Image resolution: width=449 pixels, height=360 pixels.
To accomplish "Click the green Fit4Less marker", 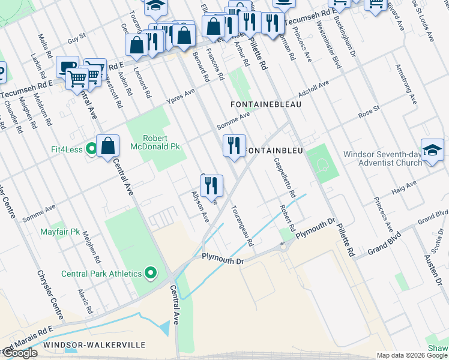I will click(91, 148).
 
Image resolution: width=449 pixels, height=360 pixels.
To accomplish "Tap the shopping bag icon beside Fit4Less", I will click(107, 146).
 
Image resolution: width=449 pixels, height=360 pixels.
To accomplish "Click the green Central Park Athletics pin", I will click(150, 274).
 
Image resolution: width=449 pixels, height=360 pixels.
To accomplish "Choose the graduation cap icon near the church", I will click(432, 149).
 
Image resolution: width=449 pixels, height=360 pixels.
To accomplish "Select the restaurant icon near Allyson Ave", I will click(211, 185).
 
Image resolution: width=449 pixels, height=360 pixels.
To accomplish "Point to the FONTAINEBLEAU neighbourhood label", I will click(266, 104).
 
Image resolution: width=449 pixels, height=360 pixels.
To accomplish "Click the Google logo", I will click(19, 353).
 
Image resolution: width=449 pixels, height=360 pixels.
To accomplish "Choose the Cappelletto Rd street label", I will click(284, 178).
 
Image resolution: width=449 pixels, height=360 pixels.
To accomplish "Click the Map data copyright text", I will click(412, 355).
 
